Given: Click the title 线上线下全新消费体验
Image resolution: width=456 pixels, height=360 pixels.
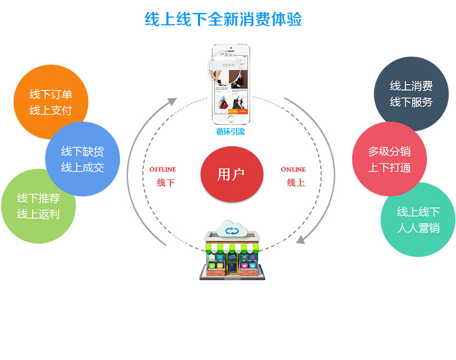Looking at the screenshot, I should pyautogui.click(x=223, y=19).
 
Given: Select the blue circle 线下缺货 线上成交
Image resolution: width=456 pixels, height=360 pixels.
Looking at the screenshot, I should pyautogui.click(x=83, y=159).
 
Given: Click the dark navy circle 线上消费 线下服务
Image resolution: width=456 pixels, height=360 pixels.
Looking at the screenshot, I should pyautogui.click(x=411, y=94).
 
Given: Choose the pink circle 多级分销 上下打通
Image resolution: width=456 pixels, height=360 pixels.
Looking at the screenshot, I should pyautogui.click(x=389, y=159).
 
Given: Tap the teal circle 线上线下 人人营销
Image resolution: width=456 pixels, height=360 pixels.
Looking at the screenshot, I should pyautogui.click(x=418, y=220).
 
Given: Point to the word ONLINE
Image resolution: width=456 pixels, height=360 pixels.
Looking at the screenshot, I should pyautogui.click(x=293, y=169).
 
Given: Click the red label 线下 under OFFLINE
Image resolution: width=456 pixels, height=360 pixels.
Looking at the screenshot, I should pyautogui.click(x=165, y=183).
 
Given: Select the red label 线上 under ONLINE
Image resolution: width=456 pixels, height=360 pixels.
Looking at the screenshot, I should pyautogui.click(x=295, y=183).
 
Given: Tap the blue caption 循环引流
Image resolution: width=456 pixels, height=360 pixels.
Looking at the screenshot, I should pyautogui.click(x=231, y=132).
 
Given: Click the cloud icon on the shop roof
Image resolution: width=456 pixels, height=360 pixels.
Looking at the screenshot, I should pyautogui.click(x=232, y=229).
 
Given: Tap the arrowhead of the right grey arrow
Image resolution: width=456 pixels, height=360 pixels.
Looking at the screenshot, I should pyautogui.click(x=301, y=239).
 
